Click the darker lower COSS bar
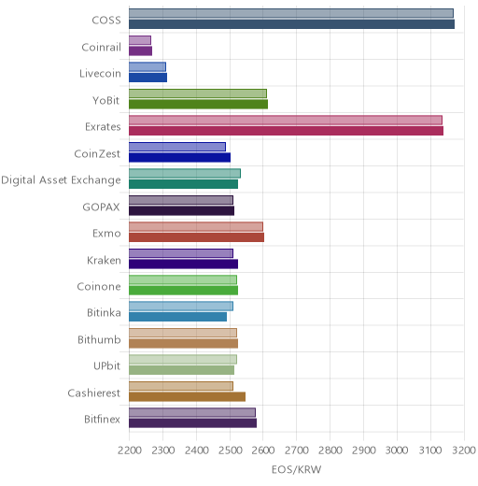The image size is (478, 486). point(291,24)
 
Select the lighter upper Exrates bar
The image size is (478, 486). point(286,121)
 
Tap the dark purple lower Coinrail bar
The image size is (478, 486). point(140,50)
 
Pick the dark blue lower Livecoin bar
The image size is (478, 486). point(148,78)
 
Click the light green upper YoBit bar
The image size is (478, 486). point(198,93)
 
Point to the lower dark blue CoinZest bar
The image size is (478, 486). point(179,157)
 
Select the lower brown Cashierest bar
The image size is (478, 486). point(187,396)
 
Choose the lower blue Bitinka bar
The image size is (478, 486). point(177,317)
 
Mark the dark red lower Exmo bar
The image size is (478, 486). point(196,237)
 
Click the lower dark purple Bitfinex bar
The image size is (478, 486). point(192,423)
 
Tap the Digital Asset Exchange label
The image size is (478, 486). point(61,180)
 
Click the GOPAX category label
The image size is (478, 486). point(102,207)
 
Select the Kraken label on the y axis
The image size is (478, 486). point(104,260)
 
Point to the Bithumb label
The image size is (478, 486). point(99,339)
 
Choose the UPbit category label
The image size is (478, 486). point(107,365)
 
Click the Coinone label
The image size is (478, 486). point(99,287)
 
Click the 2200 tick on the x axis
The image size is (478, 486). point(130,450)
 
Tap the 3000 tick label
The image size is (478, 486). point(397,450)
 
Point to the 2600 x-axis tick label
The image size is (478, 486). point(263,450)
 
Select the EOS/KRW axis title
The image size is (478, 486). point(296,469)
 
